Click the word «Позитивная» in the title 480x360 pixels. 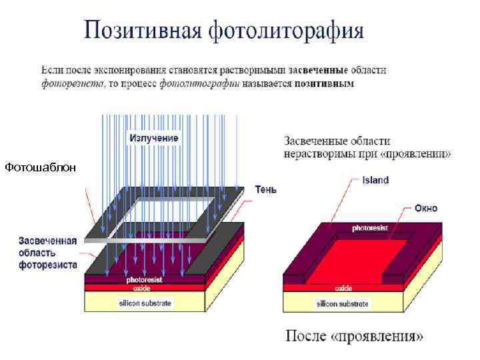[x=141, y=31]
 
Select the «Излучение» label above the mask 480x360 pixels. [x=153, y=138]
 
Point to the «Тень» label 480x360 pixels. [x=266, y=189]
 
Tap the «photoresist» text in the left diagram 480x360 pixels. [x=144, y=280]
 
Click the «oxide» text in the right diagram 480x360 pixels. [x=344, y=288]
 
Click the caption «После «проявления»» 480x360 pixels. [x=354, y=335]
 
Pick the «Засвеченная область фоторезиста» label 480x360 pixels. [x=47, y=253]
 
